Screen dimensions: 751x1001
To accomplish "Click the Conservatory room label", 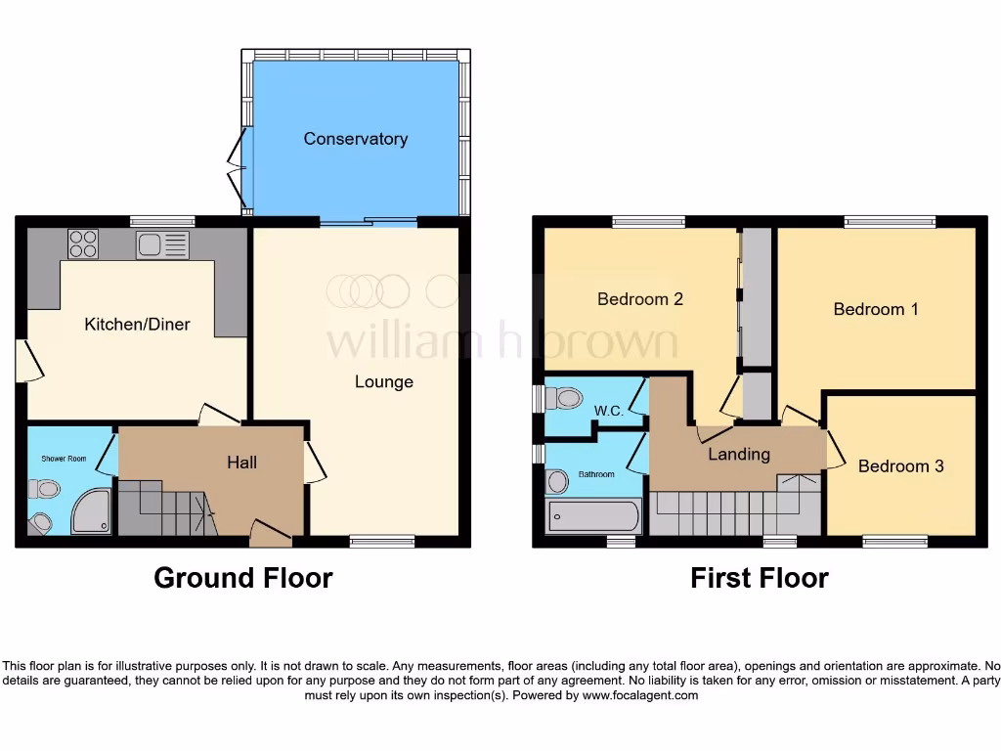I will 355,139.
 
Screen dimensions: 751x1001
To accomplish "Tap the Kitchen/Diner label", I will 137,325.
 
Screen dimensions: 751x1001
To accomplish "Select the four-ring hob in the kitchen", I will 83,243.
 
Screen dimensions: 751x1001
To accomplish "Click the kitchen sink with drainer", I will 162,244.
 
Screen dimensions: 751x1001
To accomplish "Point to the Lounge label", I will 383,381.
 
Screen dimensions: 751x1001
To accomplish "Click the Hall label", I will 241,462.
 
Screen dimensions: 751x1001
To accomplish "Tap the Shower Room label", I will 64,459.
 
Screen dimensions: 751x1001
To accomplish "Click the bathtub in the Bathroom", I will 592,515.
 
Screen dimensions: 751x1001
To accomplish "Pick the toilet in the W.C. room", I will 563,399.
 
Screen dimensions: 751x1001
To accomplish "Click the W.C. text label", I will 609,412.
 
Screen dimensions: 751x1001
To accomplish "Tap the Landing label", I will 739,454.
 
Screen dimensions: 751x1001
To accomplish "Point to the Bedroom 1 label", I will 875,309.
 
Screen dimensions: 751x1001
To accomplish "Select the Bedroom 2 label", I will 639,299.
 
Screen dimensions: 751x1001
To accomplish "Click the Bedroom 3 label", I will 900,466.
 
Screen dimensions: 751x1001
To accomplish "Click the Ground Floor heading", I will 242,578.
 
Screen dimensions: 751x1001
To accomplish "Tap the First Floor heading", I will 759,578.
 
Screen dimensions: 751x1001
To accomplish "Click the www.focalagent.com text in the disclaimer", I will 640,696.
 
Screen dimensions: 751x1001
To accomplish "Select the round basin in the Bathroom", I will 558,481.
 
